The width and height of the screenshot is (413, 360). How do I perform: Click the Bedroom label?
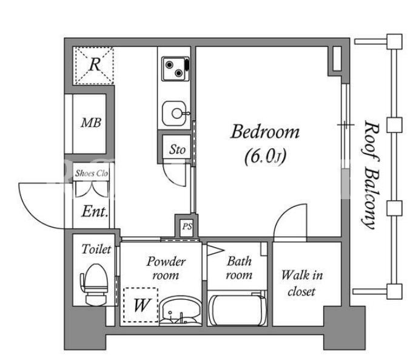[265, 132]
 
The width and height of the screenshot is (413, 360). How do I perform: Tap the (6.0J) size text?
[265, 157]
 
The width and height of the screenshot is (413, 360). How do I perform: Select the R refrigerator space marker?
[94, 65]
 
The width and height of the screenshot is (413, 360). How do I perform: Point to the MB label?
[91, 123]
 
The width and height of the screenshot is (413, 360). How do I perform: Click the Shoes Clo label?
[92, 173]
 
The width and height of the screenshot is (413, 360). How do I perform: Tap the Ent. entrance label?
[95, 211]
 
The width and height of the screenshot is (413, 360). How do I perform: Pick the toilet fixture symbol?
[94, 285]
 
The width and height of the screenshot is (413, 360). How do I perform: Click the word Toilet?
[96, 250]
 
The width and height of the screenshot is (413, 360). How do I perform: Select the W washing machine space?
[141, 305]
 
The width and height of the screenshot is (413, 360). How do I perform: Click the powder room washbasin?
[179, 310]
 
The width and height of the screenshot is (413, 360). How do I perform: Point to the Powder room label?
[166, 268]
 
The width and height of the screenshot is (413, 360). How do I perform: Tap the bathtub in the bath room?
[238, 310]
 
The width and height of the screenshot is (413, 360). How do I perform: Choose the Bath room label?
[239, 268]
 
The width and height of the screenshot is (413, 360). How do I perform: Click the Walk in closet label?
[302, 284]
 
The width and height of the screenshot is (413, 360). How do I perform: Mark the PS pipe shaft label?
[187, 226]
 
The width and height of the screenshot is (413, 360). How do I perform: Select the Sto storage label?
[177, 149]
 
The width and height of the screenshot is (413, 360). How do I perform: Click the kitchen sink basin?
[175, 114]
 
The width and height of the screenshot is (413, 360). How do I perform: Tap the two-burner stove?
[175, 69]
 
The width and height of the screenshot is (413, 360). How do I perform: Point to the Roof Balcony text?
[371, 175]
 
